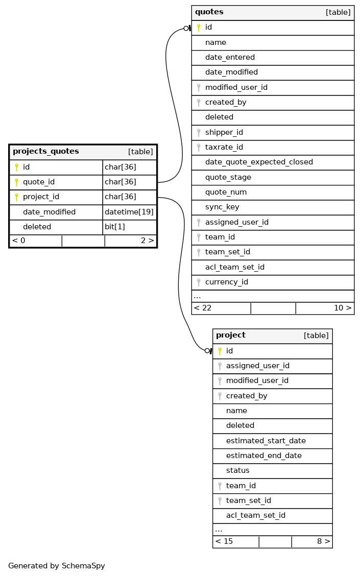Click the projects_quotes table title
tap(46, 151)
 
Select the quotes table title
tap(209, 12)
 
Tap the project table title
tap(231, 335)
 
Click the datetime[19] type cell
tap(129, 212)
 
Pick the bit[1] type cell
tap(114, 227)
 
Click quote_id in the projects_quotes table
tap(39, 182)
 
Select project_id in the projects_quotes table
tap(41, 197)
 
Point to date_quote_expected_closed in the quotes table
tap(259, 162)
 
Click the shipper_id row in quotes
tap(224, 132)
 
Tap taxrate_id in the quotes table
tap(224, 148)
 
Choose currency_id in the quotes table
tap(227, 282)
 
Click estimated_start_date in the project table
tap(266, 441)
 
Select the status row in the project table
tap(238, 470)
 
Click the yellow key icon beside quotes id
tap(199, 28)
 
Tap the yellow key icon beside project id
tap(220, 351)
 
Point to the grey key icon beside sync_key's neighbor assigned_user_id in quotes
tap(199, 223)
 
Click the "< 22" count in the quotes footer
tap(203, 308)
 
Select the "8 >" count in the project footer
tap(323, 541)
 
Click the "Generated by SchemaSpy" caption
tap(57, 566)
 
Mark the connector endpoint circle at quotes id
tap(186, 29)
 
